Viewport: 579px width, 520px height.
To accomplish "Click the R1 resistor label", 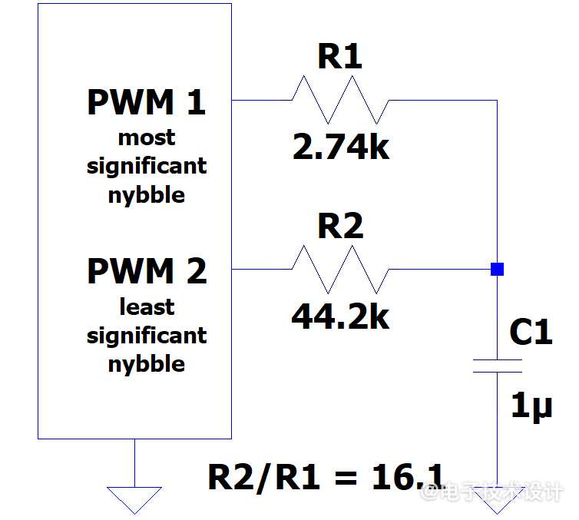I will point(339,58).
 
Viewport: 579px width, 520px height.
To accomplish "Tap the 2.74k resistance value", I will point(341,147).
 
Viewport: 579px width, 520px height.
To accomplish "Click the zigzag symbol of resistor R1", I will point(340,100).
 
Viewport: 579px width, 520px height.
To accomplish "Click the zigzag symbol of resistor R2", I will point(340,269).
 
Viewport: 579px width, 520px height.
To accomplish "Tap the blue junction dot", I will point(497,269).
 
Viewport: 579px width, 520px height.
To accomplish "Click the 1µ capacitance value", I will point(531,406).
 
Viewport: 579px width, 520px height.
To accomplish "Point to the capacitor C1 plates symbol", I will point(497,366).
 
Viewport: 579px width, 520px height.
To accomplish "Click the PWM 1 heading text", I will point(147,103).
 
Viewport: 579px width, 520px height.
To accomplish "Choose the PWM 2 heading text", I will point(147,272).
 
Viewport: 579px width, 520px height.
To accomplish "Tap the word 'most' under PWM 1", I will point(147,138).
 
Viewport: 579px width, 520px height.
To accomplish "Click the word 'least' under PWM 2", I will point(147,307).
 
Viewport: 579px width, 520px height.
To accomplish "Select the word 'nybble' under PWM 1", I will point(147,195).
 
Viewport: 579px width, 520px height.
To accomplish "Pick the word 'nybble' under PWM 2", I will point(147,364).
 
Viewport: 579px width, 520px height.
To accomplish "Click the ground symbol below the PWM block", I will point(134,498).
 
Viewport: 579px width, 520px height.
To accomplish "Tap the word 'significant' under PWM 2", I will point(147,336).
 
